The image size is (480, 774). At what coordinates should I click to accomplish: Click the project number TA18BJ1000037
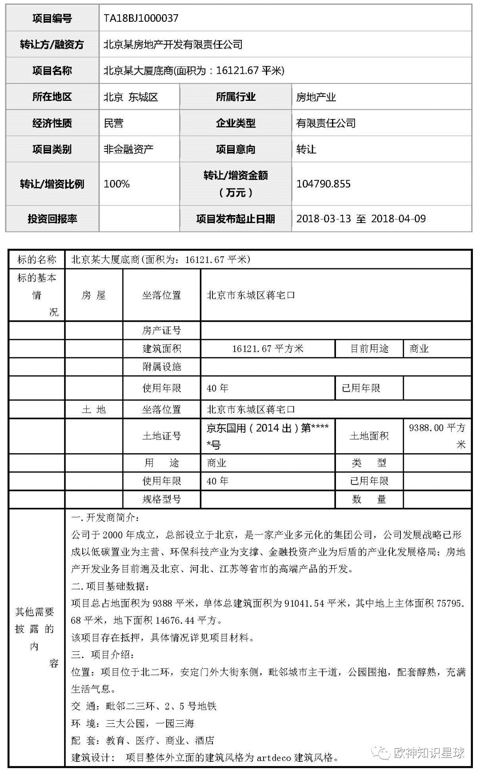pos(141,18)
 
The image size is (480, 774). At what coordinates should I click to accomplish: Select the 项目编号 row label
pos(52,18)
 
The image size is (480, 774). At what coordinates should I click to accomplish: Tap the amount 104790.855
pos(324,184)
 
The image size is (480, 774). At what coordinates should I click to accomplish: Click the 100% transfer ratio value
pos(116,184)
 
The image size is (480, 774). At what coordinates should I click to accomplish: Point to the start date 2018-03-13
pos(324,219)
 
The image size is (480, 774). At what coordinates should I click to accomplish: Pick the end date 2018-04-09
pos(398,219)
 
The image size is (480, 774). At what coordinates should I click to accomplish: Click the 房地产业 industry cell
pos(316,97)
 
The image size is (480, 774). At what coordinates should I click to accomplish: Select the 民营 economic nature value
pos(113,123)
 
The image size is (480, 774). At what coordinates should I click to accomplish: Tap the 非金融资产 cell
pos(128,149)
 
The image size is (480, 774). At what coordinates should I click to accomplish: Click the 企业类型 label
pos(236,123)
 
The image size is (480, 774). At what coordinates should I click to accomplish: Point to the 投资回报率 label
pos(52,219)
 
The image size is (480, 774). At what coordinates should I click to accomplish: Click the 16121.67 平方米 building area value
pos(268,349)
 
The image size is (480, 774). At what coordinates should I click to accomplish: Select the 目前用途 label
pos(369,349)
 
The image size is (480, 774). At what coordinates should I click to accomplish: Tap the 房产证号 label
pos(161,331)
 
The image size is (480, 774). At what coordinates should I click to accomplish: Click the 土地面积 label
pos(369,436)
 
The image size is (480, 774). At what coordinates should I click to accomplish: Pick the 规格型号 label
pos(161,499)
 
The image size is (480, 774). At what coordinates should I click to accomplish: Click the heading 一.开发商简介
pos(105,518)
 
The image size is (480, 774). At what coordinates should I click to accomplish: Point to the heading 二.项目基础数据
pos(110,586)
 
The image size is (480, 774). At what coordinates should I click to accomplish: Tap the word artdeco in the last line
pos(274,758)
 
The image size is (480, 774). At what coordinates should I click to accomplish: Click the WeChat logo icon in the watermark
pos(381,752)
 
